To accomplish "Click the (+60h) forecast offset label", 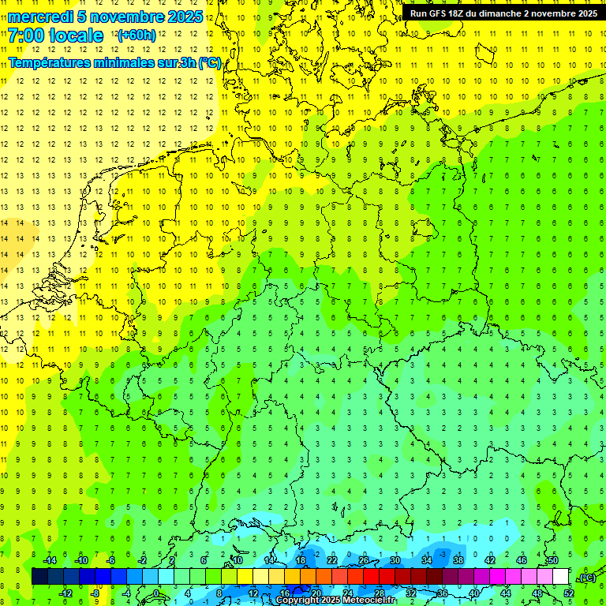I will coord(137,36).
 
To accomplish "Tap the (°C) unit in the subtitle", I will coord(210,62).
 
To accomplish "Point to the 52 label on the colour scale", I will coord(569,593).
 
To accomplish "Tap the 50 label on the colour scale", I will coord(553,560).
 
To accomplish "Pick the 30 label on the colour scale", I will coord(395,560).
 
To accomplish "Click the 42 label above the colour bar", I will coord(490,560).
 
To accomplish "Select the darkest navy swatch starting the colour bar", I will coord(39,577).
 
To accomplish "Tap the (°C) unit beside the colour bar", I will coord(586,578).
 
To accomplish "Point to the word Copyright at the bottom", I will coord(297,600).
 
